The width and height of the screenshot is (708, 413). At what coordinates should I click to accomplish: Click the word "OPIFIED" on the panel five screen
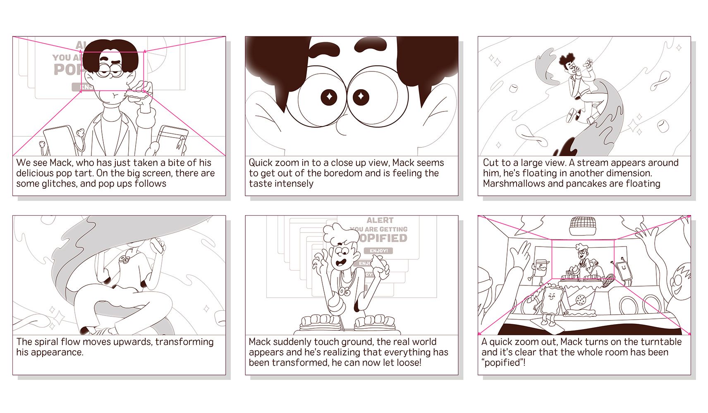click(x=383, y=238)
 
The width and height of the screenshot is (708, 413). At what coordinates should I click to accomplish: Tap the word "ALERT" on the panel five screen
click(x=380, y=220)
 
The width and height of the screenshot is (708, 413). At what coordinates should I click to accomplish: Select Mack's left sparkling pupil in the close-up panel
click(x=329, y=97)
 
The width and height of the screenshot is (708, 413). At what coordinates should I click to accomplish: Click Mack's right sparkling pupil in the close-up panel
click(x=361, y=97)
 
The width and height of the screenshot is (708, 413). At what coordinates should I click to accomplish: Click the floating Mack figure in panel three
click(x=579, y=88)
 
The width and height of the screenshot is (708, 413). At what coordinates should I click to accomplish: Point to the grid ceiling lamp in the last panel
click(x=583, y=226)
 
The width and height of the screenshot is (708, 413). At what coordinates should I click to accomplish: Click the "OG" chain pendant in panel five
click(x=345, y=292)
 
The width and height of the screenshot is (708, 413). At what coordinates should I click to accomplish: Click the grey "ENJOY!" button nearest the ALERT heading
click(x=378, y=251)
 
